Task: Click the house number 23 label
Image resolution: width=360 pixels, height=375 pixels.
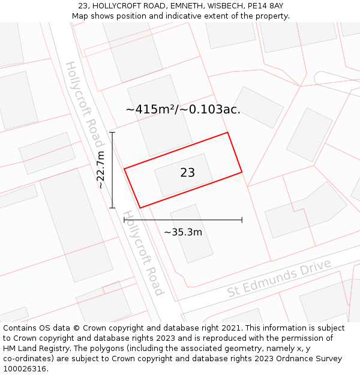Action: [x=187, y=173]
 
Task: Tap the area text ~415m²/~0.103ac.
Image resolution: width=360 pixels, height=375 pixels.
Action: [x=183, y=109]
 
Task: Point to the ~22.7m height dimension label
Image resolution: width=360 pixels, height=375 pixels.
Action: [x=101, y=170]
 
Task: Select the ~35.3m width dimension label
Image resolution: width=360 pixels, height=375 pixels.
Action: [x=183, y=232]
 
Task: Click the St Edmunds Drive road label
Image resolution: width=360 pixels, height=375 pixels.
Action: [x=279, y=278]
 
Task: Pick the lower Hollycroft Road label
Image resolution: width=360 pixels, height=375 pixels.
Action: [x=143, y=253]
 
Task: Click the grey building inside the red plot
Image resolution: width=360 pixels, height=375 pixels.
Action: [x=184, y=175]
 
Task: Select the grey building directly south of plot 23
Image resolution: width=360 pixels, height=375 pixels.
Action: [x=191, y=233]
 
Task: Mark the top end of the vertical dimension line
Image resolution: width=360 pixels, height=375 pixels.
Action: [x=112, y=132]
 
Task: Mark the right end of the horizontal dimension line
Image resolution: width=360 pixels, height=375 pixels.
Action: [x=242, y=220]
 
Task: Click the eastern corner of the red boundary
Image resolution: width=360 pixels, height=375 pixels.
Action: [x=242, y=172]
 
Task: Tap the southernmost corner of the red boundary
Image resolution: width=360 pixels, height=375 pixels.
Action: [x=140, y=208]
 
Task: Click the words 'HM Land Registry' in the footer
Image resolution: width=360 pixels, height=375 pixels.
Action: [x=34, y=348]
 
